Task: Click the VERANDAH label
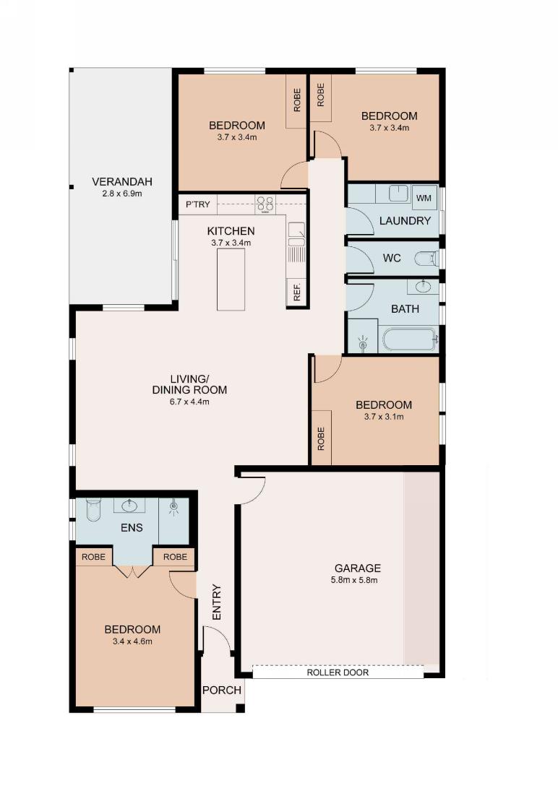pos(121,181)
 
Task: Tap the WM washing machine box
pos(424,198)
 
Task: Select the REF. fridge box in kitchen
pos(296,292)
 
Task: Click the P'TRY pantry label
pos(197,204)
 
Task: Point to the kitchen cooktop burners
pos(265,204)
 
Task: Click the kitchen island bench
pos(231,280)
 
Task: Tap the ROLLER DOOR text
pos(338,672)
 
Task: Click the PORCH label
pos(222,690)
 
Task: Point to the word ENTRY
pos(217,602)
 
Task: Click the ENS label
pos(132,528)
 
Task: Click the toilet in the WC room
pos(426,259)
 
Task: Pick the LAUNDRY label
pos(405,220)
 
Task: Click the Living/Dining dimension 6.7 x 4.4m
pos(189,402)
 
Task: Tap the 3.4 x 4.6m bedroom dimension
pos(133,641)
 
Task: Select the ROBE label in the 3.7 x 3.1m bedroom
pos(321,438)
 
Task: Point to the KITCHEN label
pos(231,231)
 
